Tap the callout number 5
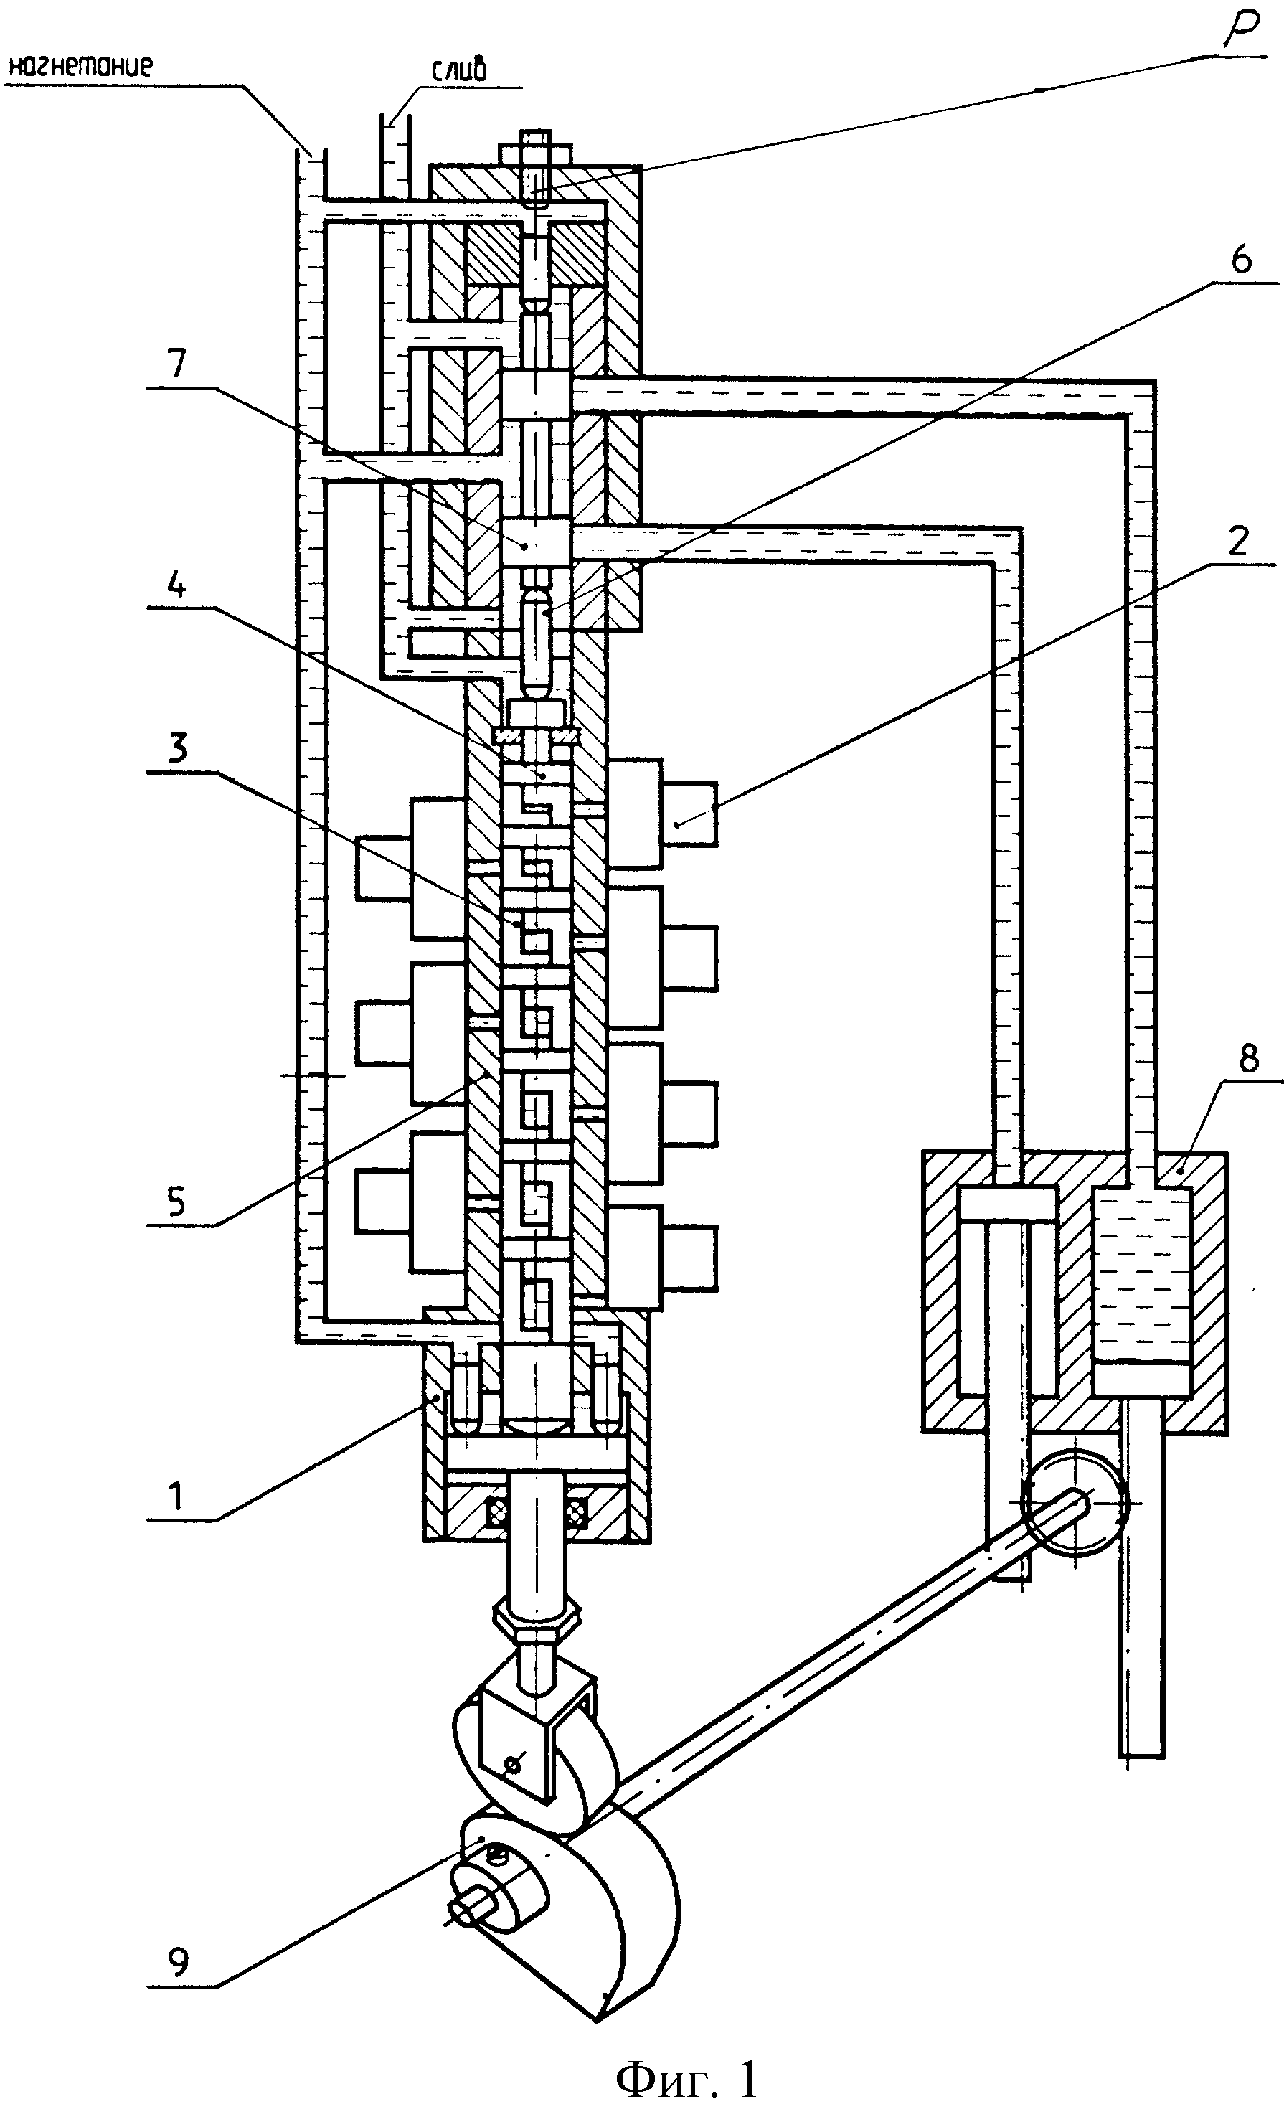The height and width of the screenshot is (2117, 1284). click(x=176, y=1202)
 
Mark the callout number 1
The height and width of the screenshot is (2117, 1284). click(x=176, y=1496)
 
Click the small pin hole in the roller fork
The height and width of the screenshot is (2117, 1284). click(x=513, y=1764)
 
